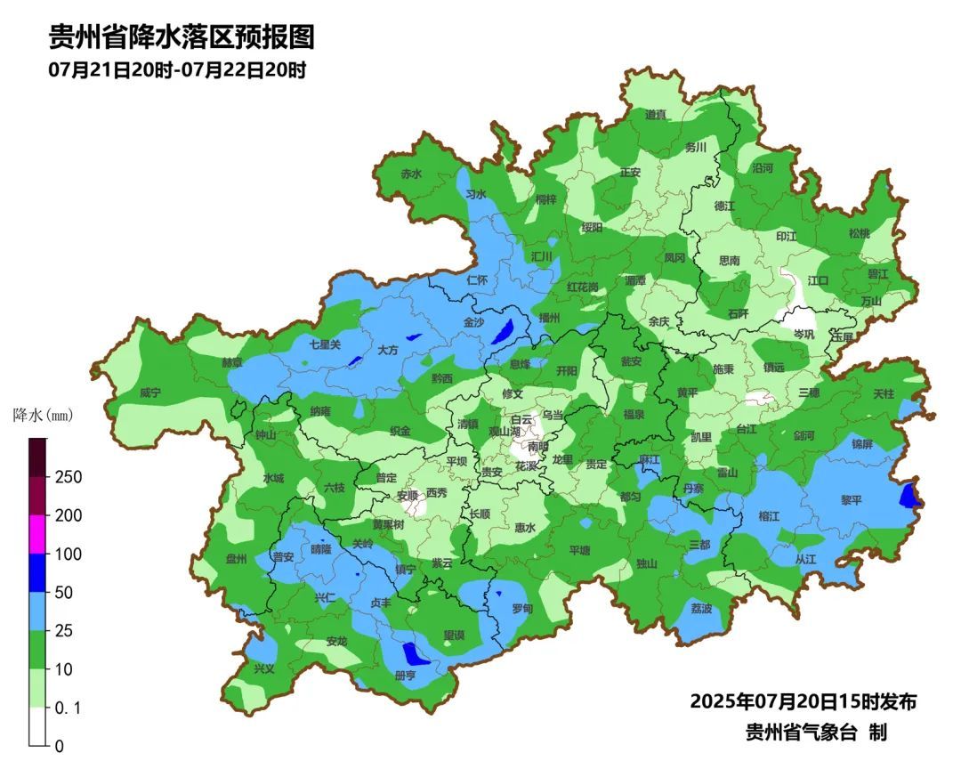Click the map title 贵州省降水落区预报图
pyautogui.click(x=182, y=38)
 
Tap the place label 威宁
pyautogui.click(x=150, y=393)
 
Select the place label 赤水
pyautogui.click(x=411, y=174)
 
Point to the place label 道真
pyautogui.click(x=656, y=115)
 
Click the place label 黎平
pyautogui.click(x=852, y=500)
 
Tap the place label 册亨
pyautogui.click(x=405, y=676)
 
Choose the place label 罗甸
pyautogui.click(x=522, y=609)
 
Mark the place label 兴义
pyautogui.click(x=264, y=668)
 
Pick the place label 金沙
pyautogui.click(x=474, y=322)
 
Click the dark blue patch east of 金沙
pyautogui.click(x=503, y=332)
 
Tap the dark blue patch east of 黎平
pyautogui.click(x=909, y=495)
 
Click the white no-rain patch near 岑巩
pyautogui.click(x=797, y=318)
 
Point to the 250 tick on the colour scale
pyautogui.click(x=69, y=477)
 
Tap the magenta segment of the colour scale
pyautogui.click(x=37, y=534)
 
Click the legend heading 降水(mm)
pyautogui.click(x=43, y=415)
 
